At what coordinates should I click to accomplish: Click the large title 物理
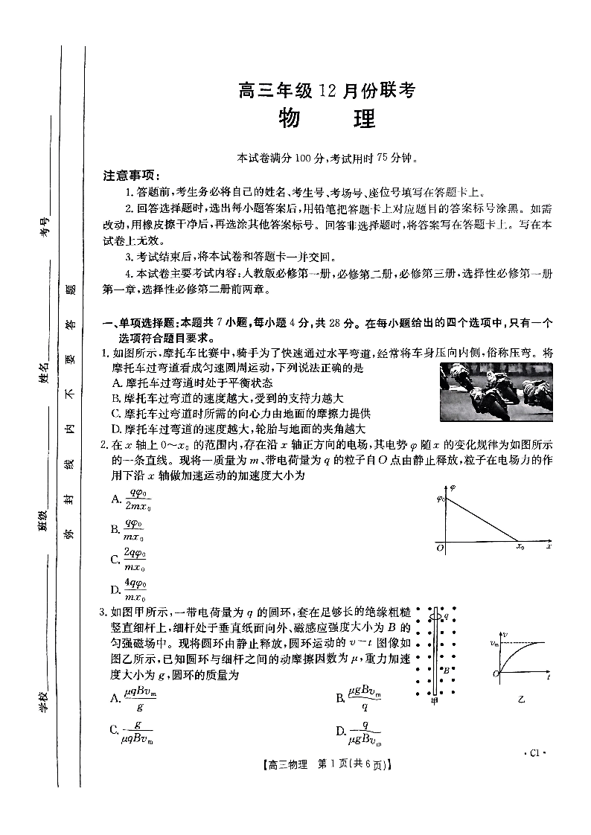pyautogui.click(x=326, y=118)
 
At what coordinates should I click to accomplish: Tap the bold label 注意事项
pyautogui.click(x=131, y=176)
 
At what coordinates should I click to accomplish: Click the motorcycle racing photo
pyautogui.click(x=496, y=391)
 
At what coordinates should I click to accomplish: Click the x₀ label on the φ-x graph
pyautogui.click(x=520, y=548)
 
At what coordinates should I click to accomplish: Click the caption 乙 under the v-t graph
pyautogui.click(x=521, y=700)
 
